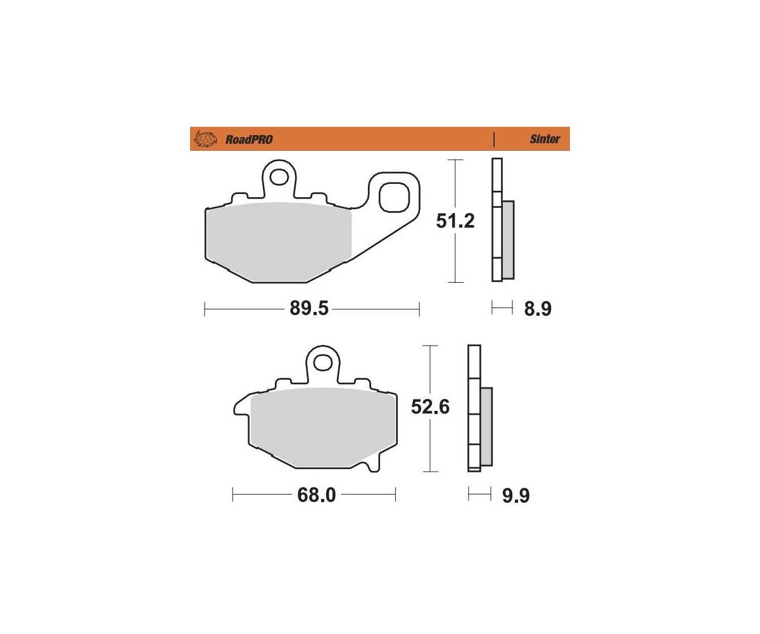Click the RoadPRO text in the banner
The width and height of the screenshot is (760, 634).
(x=249, y=139)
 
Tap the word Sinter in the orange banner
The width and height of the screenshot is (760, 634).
(x=545, y=139)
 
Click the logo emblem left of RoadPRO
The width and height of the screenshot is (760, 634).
(x=205, y=139)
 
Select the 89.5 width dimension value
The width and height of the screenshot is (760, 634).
(x=309, y=308)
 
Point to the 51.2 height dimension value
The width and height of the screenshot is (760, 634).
(x=455, y=221)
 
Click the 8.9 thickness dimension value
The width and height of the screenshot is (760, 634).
(x=538, y=309)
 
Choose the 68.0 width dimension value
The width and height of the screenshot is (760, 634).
(x=316, y=495)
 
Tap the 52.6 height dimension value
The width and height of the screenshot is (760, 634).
(x=430, y=406)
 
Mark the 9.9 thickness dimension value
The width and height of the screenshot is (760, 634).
(x=516, y=496)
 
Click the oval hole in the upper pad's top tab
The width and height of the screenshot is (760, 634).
(x=279, y=178)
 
